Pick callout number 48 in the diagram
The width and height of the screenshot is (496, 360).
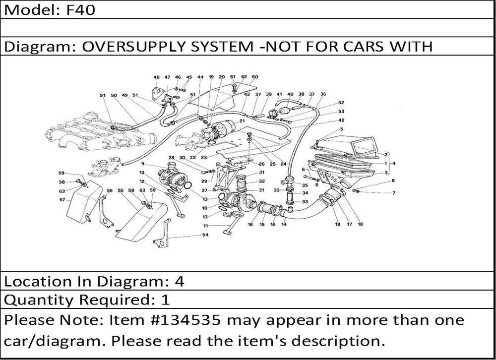(x=156, y=77)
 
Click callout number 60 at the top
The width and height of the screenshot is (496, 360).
(x=255, y=77)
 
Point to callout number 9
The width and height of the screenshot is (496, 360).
(x=142, y=164)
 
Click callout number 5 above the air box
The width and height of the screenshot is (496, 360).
(x=341, y=129)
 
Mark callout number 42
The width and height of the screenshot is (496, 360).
(x=341, y=120)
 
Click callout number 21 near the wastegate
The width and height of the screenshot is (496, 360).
(x=242, y=120)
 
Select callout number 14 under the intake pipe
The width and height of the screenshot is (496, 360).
(x=284, y=225)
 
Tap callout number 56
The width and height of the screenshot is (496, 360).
(x=109, y=190)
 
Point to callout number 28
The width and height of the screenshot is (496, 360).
(x=171, y=158)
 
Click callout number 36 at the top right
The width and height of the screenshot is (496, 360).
(x=323, y=94)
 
